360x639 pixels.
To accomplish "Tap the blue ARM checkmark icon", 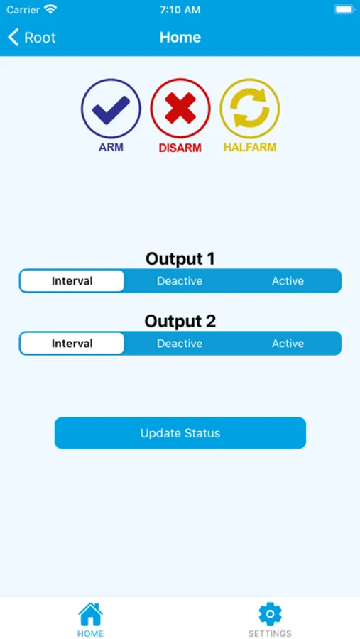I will click(x=111, y=108).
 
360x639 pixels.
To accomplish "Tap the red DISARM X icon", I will click(x=180, y=108).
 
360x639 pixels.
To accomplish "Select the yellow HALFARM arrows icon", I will click(x=250, y=108).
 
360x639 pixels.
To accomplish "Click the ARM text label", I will click(x=111, y=148).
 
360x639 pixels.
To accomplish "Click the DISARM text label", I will click(x=180, y=148).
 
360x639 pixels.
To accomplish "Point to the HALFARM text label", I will click(x=250, y=148).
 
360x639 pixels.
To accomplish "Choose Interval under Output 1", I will click(x=72, y=281).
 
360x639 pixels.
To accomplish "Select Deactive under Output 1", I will click(x=180, y=281).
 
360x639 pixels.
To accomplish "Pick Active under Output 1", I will click(x=288, y=281).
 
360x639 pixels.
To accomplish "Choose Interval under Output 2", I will click(x=72, y=344).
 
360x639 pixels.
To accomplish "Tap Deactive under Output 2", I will click(x=180, y=344).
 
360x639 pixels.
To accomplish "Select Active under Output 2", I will click(x=288, y=344).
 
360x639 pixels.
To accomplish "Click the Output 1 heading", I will click(x=180, y=258).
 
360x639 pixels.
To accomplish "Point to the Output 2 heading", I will click(x=180, y=321).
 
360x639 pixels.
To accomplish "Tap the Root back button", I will click(x=32, y=38).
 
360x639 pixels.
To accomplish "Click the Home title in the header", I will click(x=180, y=38).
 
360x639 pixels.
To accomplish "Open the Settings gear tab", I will click(x=270, y=618).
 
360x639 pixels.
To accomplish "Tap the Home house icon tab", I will click(x=90, y=618).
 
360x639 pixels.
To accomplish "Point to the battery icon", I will click(x=344, y=10).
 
